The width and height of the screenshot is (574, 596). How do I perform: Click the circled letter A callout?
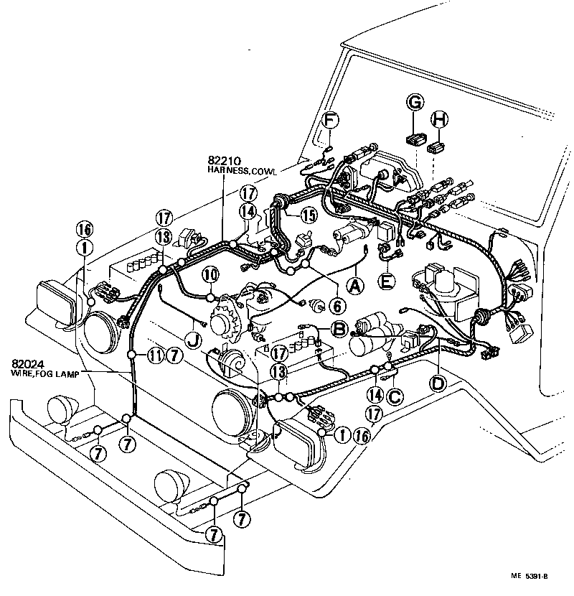pos(354,285)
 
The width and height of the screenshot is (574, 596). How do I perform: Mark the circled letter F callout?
pos(329,120)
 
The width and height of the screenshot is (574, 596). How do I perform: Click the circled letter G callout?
pos(414,103)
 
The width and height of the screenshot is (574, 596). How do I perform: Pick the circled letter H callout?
pos(440,120)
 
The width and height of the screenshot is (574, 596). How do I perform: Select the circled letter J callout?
pos(192,337)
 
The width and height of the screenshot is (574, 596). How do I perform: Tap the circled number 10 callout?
pos(210,274)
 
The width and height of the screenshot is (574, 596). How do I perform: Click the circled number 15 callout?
pos(309,214)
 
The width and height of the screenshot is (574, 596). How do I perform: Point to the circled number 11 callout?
pos(155,354)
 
